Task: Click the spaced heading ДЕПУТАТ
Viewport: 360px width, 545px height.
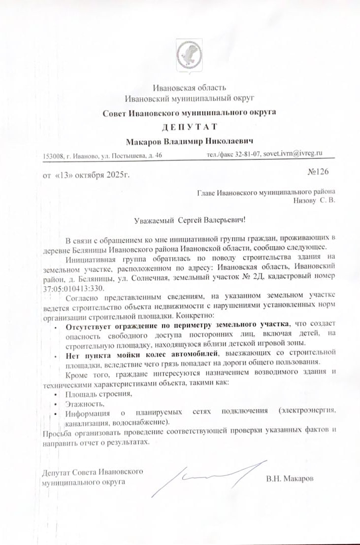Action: point(189,126)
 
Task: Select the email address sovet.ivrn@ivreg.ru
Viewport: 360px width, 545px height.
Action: point(293,153)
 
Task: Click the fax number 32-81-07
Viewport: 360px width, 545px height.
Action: point(248,154)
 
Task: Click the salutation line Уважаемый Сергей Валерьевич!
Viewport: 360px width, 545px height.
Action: point(190,220)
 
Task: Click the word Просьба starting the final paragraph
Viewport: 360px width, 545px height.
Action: point(55,432)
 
